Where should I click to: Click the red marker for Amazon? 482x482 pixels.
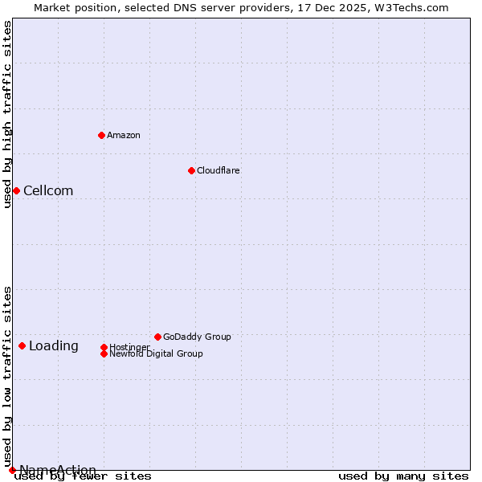tap(101, 135)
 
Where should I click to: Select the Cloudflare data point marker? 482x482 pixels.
tap(191, 170)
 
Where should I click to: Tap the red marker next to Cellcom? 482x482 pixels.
tap(16, 190)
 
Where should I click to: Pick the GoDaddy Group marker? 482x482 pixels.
tap(157, 337)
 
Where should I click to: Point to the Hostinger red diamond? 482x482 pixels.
tap(104, 347)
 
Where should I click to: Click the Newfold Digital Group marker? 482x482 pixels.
tap(104, 353)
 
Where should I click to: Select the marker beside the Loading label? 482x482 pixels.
tap(22, 345)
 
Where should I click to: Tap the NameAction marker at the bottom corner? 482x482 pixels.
tap(12, 470)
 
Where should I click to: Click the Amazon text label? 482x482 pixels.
tap(124, 135)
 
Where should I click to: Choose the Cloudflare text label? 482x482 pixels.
tap(219, 170)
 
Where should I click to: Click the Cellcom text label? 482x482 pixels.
tap(48, 190)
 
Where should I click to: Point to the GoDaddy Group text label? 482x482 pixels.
tap(197, 337)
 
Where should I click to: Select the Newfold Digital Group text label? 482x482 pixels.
tap(156, 353)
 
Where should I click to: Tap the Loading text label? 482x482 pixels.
tap(54, 346)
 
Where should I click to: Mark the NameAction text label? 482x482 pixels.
tap(58, 470)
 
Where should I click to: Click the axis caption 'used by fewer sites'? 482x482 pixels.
tap(83, 476)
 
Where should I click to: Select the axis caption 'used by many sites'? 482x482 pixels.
tap(403, 476)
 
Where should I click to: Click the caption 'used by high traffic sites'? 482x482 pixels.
tap(7, 114)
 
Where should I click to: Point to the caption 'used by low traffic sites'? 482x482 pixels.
tap(7, 376)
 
